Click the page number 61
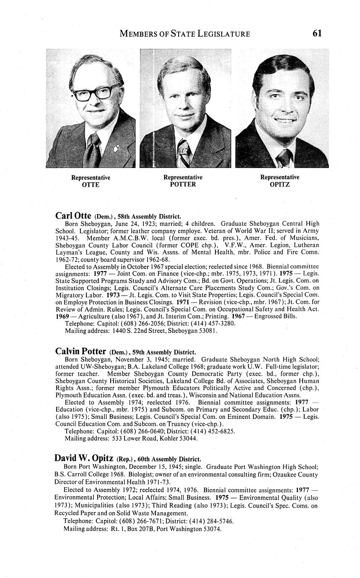(317, 33)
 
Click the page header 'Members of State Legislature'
(185, 34)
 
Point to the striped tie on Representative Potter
(184, 153)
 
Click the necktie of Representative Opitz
(285, 158)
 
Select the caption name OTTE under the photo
(91, 185)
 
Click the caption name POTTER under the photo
(183, 184)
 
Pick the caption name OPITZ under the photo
(280, 184)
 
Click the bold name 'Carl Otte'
(73, 216)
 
